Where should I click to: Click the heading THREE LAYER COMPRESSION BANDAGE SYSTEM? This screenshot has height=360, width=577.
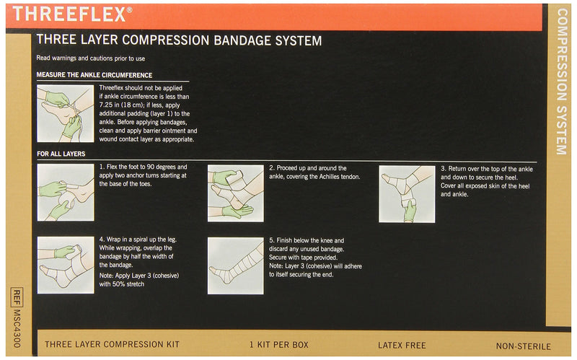[179, 40]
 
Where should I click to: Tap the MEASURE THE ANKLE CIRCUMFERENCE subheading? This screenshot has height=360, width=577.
[94, 75]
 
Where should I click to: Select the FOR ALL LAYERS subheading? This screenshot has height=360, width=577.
[61, 154]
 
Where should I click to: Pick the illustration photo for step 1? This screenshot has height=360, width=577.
[65, 192]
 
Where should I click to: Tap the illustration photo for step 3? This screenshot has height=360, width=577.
[407, 193]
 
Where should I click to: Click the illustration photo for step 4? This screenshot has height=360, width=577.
[65, 265]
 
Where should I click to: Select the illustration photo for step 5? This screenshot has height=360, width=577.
[236, 265]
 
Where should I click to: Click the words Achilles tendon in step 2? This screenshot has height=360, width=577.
[339, 177]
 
